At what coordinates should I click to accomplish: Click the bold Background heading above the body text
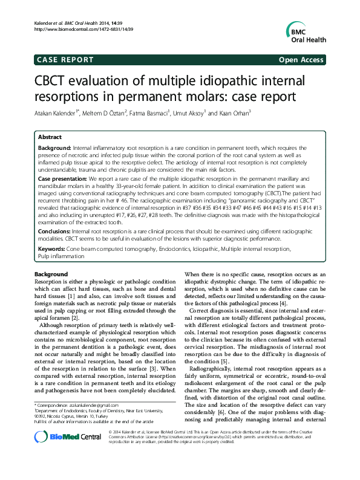(x=51, y=274)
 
